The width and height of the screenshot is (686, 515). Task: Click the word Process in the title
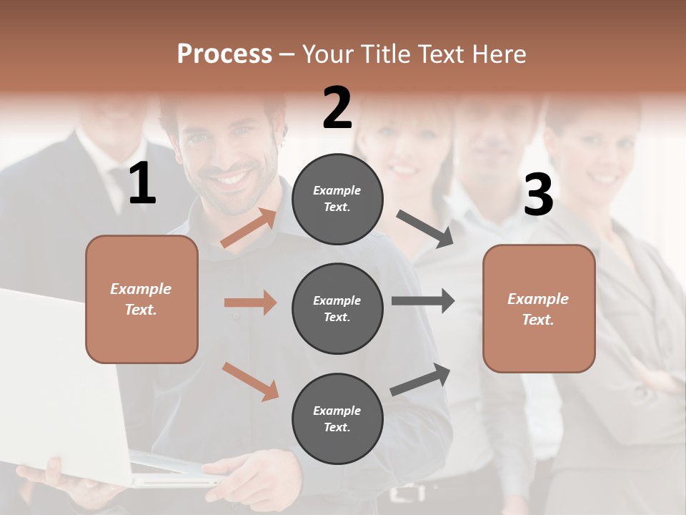point(224,54)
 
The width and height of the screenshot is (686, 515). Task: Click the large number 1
point(142,184)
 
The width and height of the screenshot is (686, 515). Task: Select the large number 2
point(337,108)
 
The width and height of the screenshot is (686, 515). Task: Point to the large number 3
point(538,195)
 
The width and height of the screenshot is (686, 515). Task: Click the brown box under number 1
point(141,299)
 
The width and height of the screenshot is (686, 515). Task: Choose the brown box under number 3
point(539,308)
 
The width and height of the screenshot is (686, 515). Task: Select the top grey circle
point(337,199)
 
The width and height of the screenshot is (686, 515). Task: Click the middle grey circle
point(337,308)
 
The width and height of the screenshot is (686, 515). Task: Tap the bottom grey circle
point(337,418)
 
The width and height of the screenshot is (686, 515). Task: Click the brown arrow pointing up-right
point(249,227)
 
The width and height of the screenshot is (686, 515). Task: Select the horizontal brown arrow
point(250,303)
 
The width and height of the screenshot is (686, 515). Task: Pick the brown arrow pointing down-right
point(251,381)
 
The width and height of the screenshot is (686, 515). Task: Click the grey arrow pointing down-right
point(426,229)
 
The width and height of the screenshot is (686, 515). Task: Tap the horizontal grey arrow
point(423,301)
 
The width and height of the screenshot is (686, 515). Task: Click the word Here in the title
point(500,54)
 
